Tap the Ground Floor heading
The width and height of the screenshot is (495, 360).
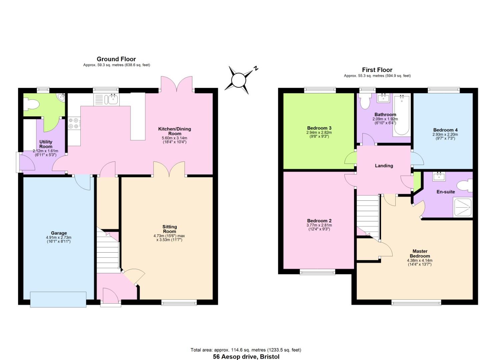(x=116, y=59)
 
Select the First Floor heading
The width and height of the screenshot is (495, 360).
(x=377, y=70)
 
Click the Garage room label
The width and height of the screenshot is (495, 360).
(x=59, y=233)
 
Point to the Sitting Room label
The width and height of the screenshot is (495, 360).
(x=169, y=229)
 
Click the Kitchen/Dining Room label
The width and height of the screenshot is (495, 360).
(x=174, y=131)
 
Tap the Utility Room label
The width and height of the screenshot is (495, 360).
(x=46, y=144)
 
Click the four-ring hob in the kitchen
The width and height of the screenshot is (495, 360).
(x=74, y=123)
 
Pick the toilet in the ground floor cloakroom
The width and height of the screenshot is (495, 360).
(x=32, y=104)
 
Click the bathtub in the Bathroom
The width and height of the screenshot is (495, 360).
(x=401, y=115)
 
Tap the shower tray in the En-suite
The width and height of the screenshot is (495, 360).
(x=462, y=207)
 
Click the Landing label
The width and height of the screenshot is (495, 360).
(x=384, y=166)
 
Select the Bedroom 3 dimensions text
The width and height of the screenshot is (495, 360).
(x=319, y=134)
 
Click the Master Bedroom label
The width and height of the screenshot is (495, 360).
(x=420, y=253)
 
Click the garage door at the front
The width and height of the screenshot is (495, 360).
(x=58, y=299)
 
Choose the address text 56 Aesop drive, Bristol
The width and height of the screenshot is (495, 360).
(x=246, y=357)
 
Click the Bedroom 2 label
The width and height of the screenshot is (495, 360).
(x=319, y=221)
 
